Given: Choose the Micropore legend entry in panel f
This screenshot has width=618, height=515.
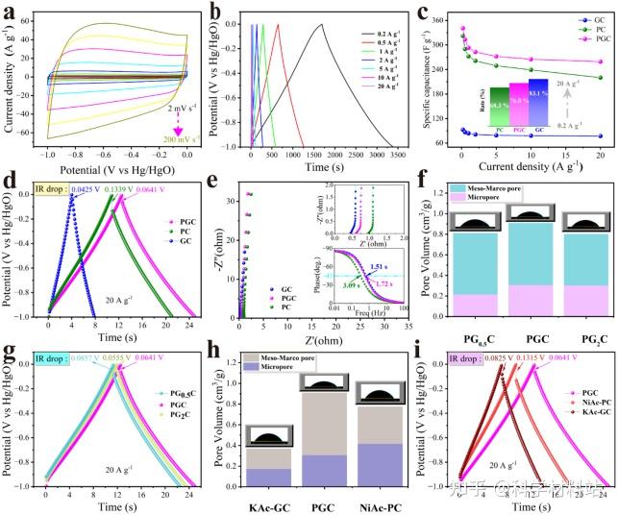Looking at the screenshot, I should point(472,201).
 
